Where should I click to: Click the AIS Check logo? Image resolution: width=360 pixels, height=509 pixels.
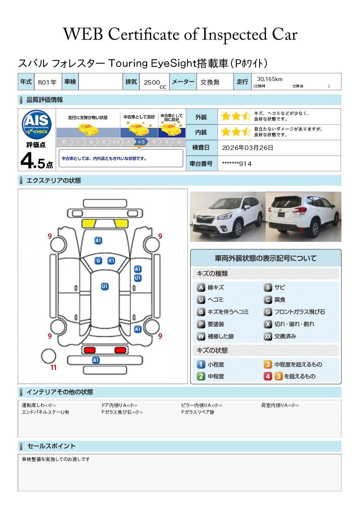[37, 125]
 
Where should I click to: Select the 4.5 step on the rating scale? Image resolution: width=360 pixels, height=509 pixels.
[141, 142]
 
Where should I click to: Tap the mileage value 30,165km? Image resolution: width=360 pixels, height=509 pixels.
[270, 79]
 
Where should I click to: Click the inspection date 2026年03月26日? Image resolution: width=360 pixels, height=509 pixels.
[247, 148]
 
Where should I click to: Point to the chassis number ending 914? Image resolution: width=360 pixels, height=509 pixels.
[237, 164]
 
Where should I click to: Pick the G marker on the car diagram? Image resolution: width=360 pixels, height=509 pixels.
[98, 261]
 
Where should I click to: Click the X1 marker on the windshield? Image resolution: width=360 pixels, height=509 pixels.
[111, 261]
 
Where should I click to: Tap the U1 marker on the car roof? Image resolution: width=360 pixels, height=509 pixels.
[104, 287]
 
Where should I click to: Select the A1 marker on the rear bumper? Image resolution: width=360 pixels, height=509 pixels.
[96, 360]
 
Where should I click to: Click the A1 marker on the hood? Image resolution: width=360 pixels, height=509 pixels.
[98, 241]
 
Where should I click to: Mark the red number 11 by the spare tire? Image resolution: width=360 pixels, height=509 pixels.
[53, 368]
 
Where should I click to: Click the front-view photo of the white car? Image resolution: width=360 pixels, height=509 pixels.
[228, 216]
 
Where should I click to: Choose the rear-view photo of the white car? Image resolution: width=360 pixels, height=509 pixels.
[304, 216]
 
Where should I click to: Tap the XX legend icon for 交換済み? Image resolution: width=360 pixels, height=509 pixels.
[268, 336]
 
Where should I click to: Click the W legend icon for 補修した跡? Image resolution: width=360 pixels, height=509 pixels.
[201, 336]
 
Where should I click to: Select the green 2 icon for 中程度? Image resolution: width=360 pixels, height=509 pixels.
[201, 376]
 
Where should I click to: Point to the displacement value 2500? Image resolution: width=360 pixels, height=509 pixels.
[152, 82]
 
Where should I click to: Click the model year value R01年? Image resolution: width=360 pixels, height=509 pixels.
[47, 82]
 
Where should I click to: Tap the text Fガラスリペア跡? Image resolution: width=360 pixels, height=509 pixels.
[198, 412]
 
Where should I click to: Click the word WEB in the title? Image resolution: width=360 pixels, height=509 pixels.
[83, 34]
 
